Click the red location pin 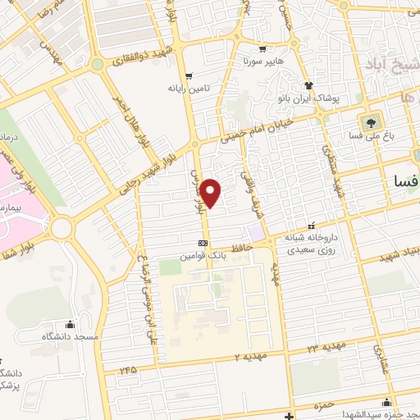coord(212,194)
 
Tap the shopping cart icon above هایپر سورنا coord(262,48)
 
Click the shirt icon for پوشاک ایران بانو coord(308,84)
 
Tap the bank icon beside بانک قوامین coord(203,243)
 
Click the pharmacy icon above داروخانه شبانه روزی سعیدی coord(310,225)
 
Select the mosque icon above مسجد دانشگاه coord(70,323)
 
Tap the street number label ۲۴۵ coord(126,370)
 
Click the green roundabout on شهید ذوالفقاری coord(97,64)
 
